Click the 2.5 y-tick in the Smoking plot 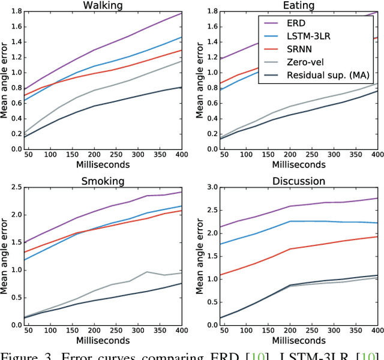[x=13, y=187]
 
